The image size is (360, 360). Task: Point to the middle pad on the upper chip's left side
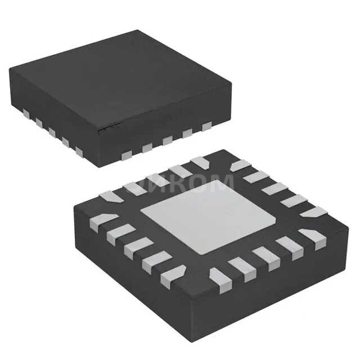click(52, 130)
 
